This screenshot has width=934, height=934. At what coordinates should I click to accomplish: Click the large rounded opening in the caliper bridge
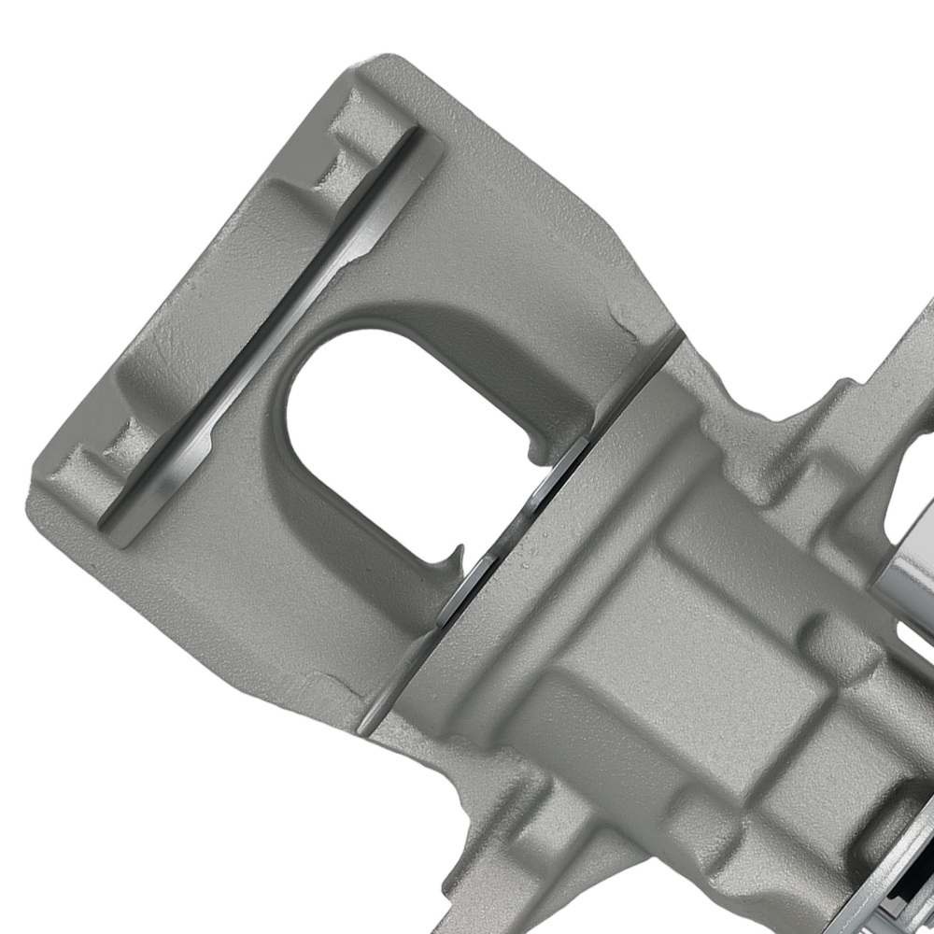click(x=411, y=439)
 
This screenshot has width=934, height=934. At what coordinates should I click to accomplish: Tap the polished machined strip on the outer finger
click(x=271, y=327)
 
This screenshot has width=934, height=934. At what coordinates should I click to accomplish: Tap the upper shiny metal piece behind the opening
click(x=560, y=476)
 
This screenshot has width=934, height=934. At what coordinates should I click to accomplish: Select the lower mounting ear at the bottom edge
click(x=504, y=878)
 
